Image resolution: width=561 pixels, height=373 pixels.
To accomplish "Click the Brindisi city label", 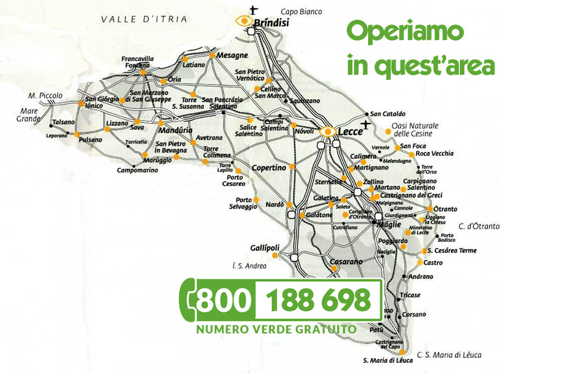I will coord(271,23).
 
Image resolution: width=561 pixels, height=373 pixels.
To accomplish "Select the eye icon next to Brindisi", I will coord(243,21).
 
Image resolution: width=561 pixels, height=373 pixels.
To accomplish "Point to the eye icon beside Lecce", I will coord(327,131).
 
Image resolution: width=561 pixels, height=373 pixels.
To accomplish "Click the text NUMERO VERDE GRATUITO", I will coord(276,329).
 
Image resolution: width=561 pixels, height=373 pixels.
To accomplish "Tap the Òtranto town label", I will coord(445,209).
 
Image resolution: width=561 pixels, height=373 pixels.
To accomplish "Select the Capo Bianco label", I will coord(301,11).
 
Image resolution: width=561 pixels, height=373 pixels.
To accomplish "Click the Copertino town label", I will coord(269,168).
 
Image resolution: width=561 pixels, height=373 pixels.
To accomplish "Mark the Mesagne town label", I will coord(232,55).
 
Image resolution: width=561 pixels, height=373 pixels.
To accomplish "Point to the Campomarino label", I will coord(138,170).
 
